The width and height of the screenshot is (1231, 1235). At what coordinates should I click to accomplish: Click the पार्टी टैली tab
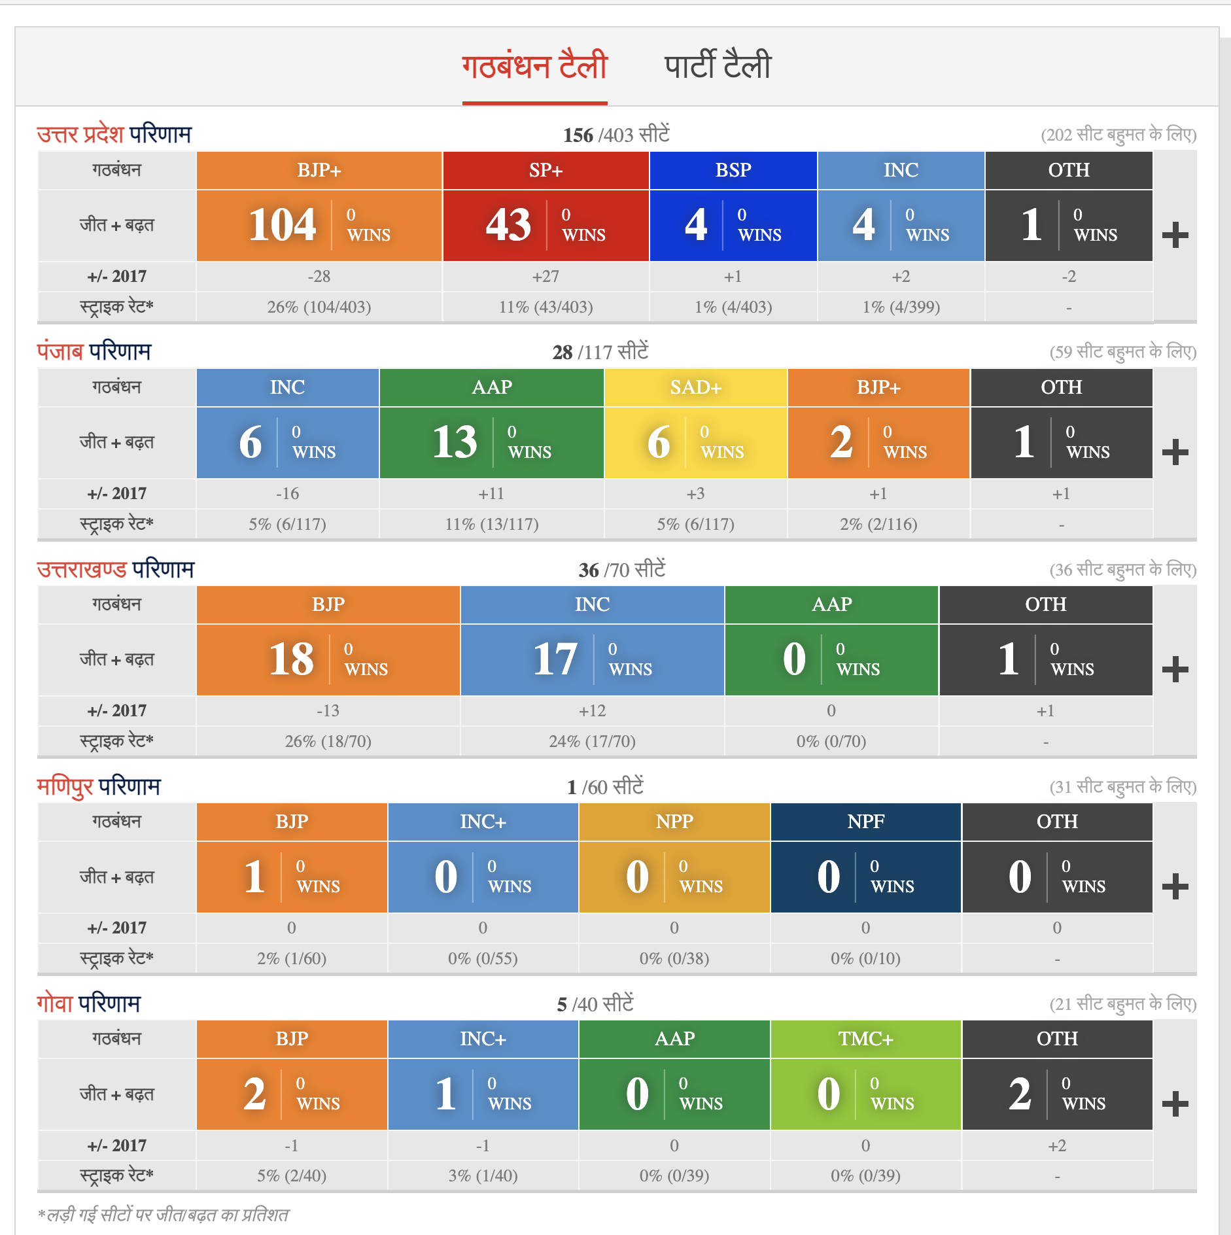click(x=718, y=66)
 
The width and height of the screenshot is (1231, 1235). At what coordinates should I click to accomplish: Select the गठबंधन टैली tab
click(x=534, y=66)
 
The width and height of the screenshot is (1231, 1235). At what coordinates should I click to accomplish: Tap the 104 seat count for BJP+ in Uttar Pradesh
click(x=283, y=225)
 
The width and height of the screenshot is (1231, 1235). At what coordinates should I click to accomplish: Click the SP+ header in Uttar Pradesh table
click(x=546, y=170)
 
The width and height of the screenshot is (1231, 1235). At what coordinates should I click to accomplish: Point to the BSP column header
click(x=733, y=170)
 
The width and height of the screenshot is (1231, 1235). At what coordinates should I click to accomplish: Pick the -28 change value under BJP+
click(x=319, y=276)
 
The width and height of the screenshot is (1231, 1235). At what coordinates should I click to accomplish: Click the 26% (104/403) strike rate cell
click(x=319, y=307)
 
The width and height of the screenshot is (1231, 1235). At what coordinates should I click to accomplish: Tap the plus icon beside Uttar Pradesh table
click(x=1175, y=235)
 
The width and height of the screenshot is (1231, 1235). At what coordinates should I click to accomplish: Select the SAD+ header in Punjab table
click(x=695, y=387)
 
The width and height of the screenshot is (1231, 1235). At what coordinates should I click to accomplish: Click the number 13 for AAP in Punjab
click(x=455, y=442)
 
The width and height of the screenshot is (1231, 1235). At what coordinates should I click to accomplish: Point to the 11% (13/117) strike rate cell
click(x=491, y=524)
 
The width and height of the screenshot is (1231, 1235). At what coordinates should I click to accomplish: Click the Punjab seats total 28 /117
click(x=600, y=352)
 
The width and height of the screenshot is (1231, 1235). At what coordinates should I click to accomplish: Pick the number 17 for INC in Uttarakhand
click(x=555, y=659)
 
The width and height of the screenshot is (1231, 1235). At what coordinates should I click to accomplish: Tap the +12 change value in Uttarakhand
click(x=592, y=710)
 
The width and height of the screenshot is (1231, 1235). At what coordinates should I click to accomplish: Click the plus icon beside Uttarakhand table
click(x=1175, y=669)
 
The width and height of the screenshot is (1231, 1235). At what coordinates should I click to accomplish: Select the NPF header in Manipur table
click(x=865, y=822)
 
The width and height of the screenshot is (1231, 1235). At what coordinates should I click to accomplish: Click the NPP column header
click(x=674, y=822)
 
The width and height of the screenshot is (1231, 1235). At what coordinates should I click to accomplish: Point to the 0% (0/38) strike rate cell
click(x=674, y=958)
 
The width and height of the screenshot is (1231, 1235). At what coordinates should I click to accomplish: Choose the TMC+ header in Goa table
click(x=865, y=1039)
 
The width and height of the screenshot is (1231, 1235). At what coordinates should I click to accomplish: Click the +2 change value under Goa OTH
click(x=1057, y=1145)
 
